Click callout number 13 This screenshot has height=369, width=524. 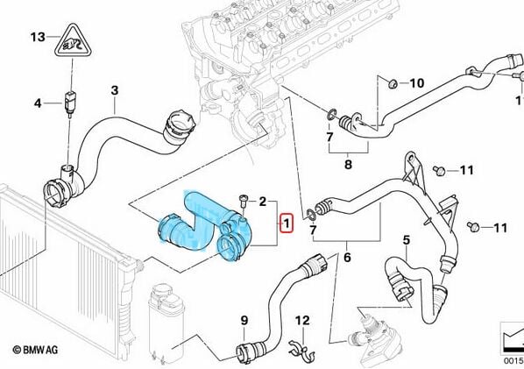click(36, 37)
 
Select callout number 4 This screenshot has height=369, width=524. click(37, 103)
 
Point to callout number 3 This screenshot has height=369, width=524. click(114, 90)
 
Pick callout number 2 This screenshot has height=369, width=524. click(261, 202)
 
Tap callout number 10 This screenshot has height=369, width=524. click(417, 84)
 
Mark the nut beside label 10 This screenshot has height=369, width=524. click(394, 83)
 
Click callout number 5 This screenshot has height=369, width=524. click(406, 240)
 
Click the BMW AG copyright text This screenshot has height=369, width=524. click(36, 350)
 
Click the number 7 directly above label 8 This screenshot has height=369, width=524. click(329, 138)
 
